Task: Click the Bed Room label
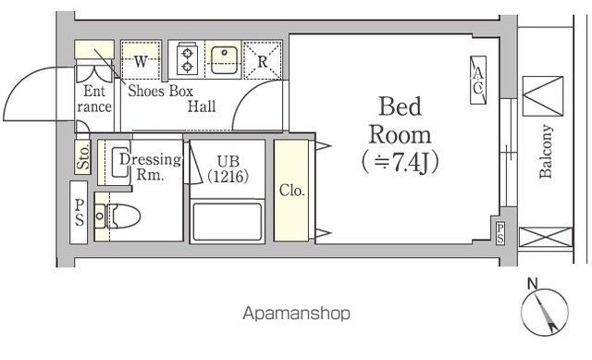click(400, 135)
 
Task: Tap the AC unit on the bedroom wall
click(478, 81)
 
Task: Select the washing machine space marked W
click(141, 60)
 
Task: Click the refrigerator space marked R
click(263, 60)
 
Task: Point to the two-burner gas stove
click(187, 59)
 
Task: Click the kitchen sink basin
click(224, 60)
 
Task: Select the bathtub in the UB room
click(228, 222)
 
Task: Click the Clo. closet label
click(292, 191)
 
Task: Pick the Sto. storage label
click(83, 157)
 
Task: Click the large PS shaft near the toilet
click(79, 212)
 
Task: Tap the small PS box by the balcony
click(499, 233)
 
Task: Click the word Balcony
click(546, 151)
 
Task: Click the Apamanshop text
click(296, 313)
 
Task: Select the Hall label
click(202, 106)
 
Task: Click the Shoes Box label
click(160, 91)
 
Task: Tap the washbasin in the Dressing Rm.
click(120, 162)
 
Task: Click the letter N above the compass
click(533, 283)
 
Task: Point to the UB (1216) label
click(228, 168)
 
